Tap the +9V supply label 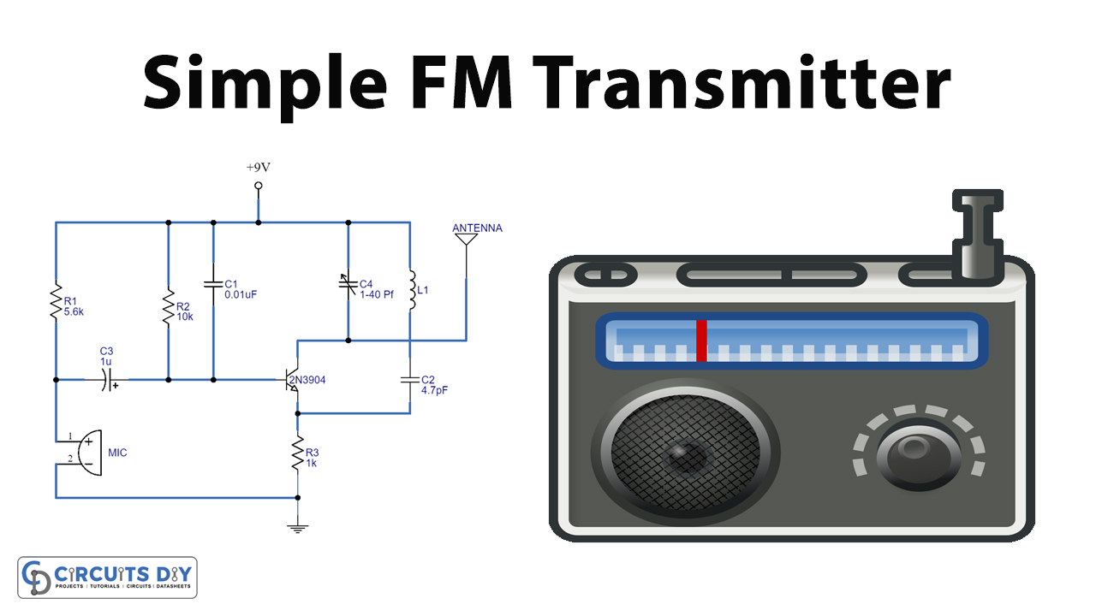click(258, 167)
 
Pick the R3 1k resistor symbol click(298, 453)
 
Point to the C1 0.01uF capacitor click(213, 282)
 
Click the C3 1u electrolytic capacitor click(108, 379)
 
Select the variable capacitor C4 click(348, 282)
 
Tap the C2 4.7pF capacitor click(409, 379)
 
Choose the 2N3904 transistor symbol click(291, 380)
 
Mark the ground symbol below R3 click(298, 527)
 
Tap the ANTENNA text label click(477, 228)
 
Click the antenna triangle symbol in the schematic click(466, 240)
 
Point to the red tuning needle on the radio click(701, 341)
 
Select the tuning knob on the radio click(919, 447)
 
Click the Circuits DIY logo click(108, 577)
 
